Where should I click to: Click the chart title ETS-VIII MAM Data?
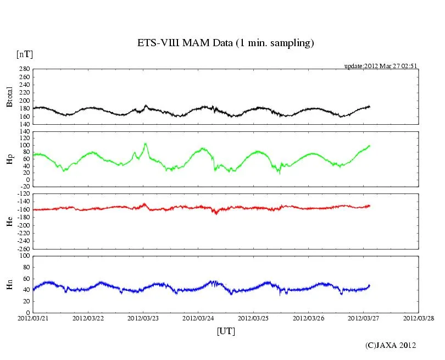tap(225, 43)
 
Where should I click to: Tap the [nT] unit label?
tap(24, 54)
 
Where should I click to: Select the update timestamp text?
tap(381, 66)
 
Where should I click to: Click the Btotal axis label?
tap(9, 97)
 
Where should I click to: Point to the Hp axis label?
tap(9, 159)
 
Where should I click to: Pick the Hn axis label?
tap(9, 284)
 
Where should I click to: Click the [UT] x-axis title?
tap(226, 331)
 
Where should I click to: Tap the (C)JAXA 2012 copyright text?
tap(391, 345)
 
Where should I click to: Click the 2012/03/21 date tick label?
tap(33, 318)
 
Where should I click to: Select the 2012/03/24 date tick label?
tap(198, 318)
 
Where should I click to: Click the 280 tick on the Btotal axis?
tap(24, 70)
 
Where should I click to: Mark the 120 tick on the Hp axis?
tap(24, 132)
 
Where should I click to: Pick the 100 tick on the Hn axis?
tap(24, 256)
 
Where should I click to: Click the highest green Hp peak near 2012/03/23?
tap(146, 143)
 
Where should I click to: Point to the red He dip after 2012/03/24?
tap(216, 212)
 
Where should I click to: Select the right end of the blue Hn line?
tap(370, 285)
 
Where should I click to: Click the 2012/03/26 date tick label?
tap(308, 318)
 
